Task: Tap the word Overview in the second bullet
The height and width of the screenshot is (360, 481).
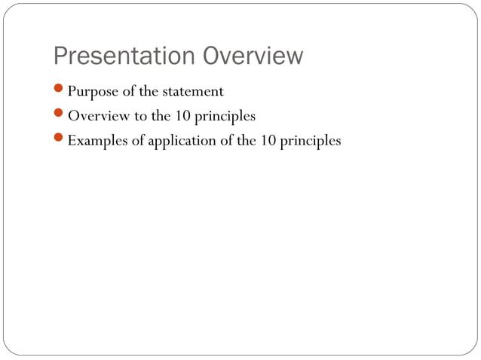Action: tap(97, 116)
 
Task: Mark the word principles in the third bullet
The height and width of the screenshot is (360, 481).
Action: tap(311, 141)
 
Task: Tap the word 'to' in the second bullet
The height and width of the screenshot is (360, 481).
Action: tap(140, 116)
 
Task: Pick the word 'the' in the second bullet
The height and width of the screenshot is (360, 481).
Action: tap(160, 116)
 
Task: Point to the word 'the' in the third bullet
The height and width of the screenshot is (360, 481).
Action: tap(247, 140)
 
